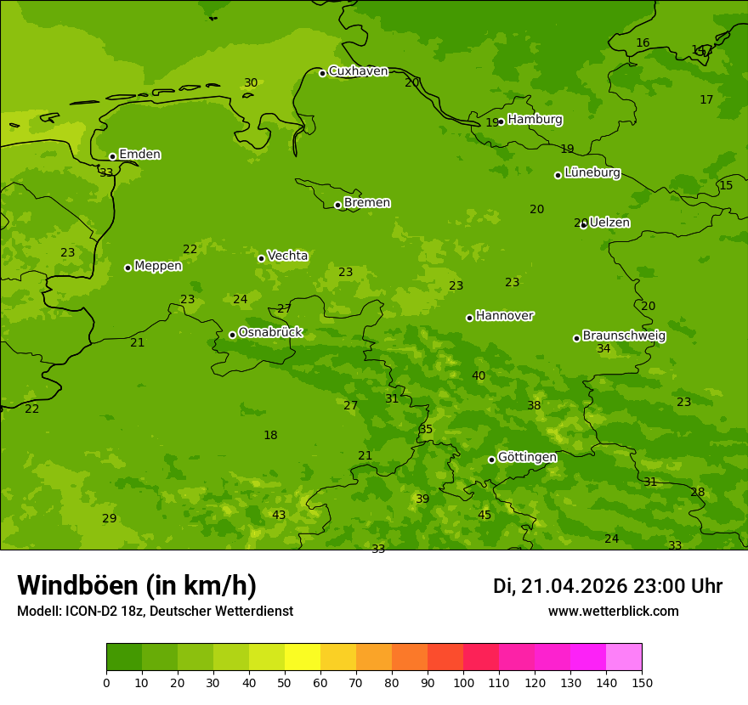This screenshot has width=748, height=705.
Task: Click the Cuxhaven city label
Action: click(x=358, y=71)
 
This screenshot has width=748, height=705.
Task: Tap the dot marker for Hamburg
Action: click(x=501, y=121)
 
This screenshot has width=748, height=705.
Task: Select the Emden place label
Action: click(x=139, y=155)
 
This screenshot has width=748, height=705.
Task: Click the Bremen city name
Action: click(x=367, y=203)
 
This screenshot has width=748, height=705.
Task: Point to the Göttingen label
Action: click(x=527, y=458)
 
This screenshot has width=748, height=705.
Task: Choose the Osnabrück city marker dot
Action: click(x=232, y=335)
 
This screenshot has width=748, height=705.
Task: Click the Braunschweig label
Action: click(x=624, y=336)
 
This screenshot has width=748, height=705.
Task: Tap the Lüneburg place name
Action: click(x=592, y=173)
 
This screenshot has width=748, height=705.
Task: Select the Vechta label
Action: click(x=287, y=256)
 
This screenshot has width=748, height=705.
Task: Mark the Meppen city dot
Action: click(x=127, y=268)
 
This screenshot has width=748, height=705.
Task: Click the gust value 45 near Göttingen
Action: click(x=484, y=516)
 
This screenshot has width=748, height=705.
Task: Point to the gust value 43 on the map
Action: click(x=279, y=516)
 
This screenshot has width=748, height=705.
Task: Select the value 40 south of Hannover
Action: click(x=479, y=376)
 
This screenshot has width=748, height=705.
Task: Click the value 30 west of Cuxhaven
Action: click(x=251, y=83)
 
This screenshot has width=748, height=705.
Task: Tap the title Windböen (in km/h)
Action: click(x=137, y=585)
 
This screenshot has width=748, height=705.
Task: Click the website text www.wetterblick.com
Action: click(x=613, y=612)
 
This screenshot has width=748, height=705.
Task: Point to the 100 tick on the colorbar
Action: click(x=463, y=682)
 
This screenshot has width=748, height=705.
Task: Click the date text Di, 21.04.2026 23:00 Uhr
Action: click(x=608, y=586)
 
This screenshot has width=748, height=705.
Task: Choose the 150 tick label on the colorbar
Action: click(x=642, y=682)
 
